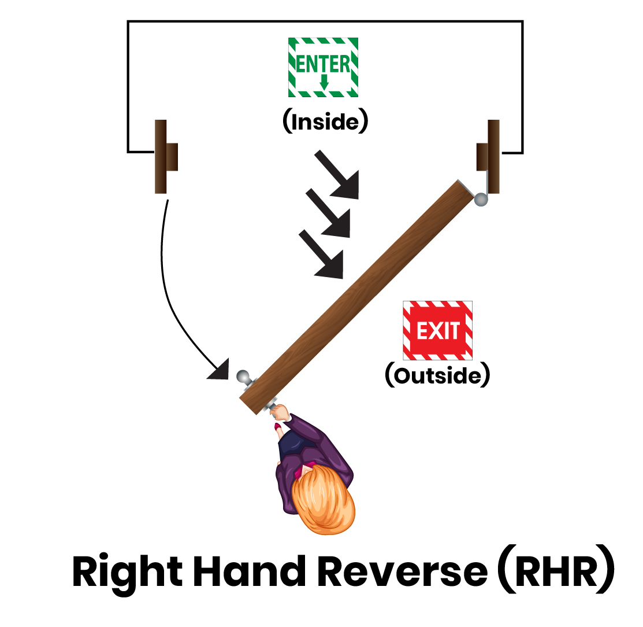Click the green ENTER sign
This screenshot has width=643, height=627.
coord(322,67)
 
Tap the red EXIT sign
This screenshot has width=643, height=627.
coord(437,330)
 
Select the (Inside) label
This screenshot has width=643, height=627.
coord(325,122)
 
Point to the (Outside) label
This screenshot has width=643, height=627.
coord(437,376)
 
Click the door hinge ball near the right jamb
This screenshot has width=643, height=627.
coord(481,200)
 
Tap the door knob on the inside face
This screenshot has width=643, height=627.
coord(244,377)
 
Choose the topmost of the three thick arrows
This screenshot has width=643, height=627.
coord(339,174)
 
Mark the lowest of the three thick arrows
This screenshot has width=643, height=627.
coord(323,253)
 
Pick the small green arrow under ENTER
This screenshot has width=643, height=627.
coord(324,82)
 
